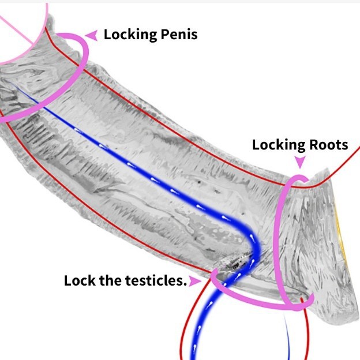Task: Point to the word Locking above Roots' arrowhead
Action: point(277,144)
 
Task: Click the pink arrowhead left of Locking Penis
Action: point(91,35)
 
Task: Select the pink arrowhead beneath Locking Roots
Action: point(299,162)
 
